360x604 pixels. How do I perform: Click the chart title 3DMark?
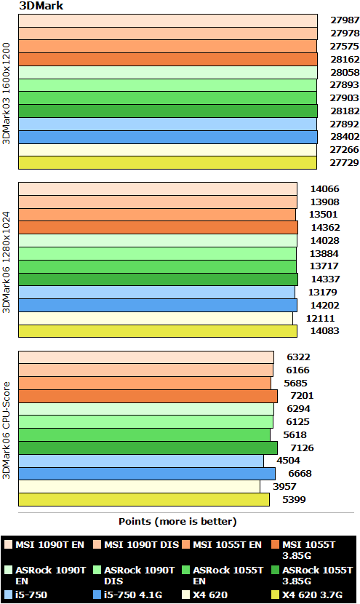(39, 6)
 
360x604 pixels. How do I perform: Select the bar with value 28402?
(167, 137)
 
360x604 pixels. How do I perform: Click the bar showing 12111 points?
(155, 318)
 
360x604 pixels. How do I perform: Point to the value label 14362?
(325, 227)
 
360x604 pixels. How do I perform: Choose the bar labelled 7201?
(148, 396)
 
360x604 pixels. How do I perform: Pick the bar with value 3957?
(139, 486)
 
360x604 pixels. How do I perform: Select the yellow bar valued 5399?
(144, 499)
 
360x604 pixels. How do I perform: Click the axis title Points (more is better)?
(177, 521)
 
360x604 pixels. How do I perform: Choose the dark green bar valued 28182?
(167, 111)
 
